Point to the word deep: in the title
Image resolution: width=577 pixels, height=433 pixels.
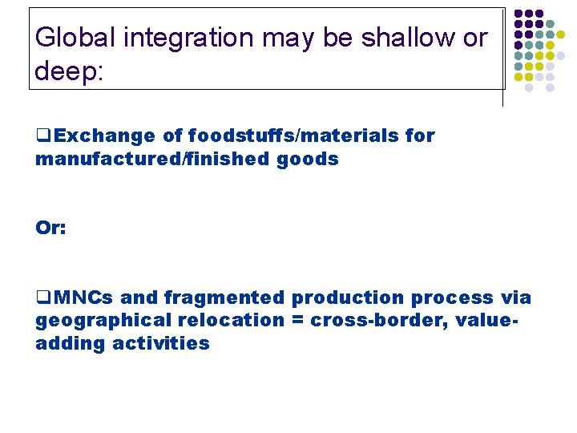[70, 72]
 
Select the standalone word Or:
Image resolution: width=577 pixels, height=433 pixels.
[50, 228]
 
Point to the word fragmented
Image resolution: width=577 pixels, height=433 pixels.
[224, 297]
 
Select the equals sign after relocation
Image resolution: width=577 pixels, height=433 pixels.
[297, 321]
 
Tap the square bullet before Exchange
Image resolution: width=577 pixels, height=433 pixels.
[42, 136]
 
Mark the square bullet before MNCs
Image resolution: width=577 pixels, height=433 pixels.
[42, 298]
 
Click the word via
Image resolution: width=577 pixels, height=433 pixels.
[516, 297]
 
